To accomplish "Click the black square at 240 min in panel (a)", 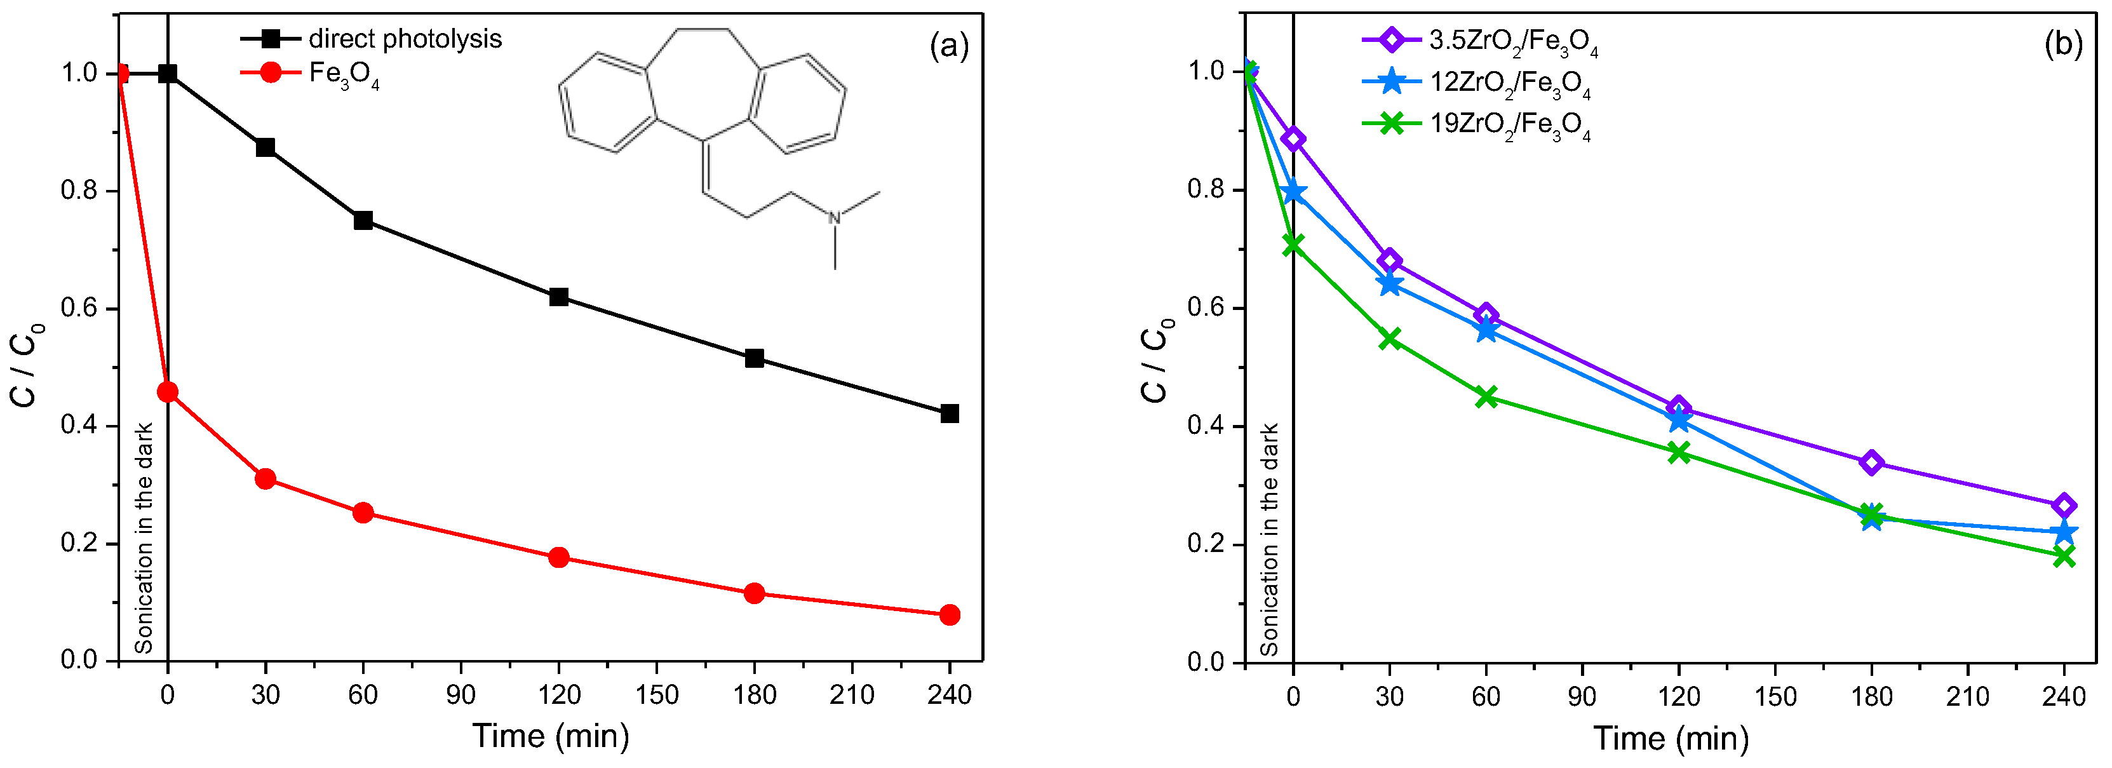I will point(950,414).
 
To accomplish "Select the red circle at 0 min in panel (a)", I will point(167,393).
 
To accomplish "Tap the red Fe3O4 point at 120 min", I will point(558,557).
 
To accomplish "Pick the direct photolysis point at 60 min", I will point(363,220).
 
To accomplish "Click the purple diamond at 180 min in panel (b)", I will point(1871,462).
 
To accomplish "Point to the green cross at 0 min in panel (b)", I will point(1293,245).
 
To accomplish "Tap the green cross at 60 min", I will point(1486,398).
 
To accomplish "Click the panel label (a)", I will point(948,46).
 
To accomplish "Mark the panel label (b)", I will point(2063,45).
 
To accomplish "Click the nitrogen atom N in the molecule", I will point(835,218).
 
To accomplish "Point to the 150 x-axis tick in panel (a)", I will point(656,695).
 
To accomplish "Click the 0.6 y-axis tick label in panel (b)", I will point(1204,308).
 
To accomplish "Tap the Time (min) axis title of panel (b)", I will point(1671,739).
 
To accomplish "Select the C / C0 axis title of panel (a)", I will point(27,365).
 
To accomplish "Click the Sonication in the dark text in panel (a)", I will point(144,537).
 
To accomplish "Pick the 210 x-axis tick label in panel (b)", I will point(1967,697).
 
